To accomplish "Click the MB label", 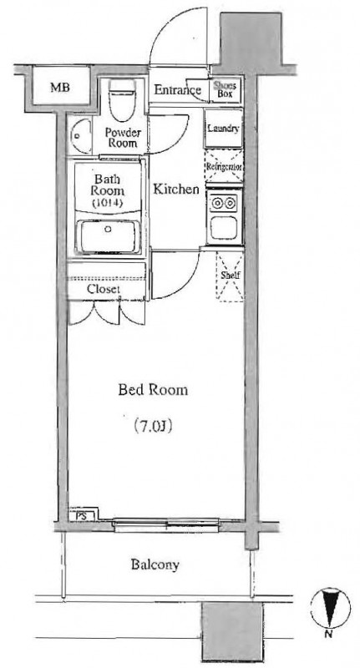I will coord(58,87).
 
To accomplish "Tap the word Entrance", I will coord(175,90).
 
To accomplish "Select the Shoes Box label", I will coord(226,90).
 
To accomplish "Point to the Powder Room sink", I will coord(81,133).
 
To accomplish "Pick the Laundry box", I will coord(224,129).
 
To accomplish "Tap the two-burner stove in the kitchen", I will coord(224,203).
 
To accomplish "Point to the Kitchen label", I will coord(176,190).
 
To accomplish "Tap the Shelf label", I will coord(228,275).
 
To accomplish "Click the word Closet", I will coord(104,290).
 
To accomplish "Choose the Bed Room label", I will coord(152,391).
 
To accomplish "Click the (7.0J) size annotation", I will coord(153,427).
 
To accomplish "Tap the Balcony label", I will coord(155,565).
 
